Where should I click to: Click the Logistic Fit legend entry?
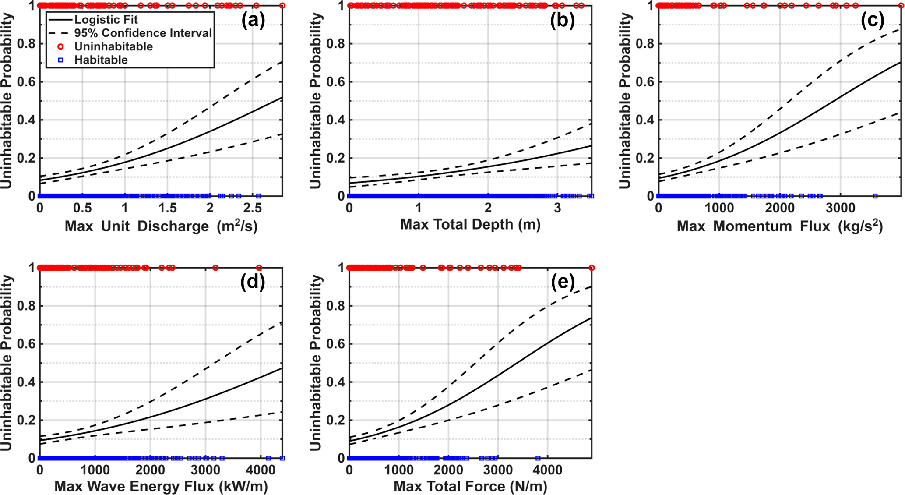tap(106, 20)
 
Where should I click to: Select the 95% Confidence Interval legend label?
tap(143, 33)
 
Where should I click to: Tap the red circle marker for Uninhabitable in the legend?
tap(60, 46)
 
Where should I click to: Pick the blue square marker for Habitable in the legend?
tap(60, 60)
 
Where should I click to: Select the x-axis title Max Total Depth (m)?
tap(470, 224)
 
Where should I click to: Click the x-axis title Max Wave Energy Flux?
tap(161, 486)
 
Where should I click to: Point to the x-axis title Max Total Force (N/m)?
tap(470, 486)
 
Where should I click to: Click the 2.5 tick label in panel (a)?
tap(253, 208)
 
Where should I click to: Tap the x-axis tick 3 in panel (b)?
tap(557, 208)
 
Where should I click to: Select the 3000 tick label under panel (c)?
tap(840, 208)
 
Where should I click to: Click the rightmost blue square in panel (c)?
tap(875, 196)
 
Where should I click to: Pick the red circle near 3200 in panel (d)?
tap(215, 268)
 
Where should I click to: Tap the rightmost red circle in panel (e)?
tap(592, 268)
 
